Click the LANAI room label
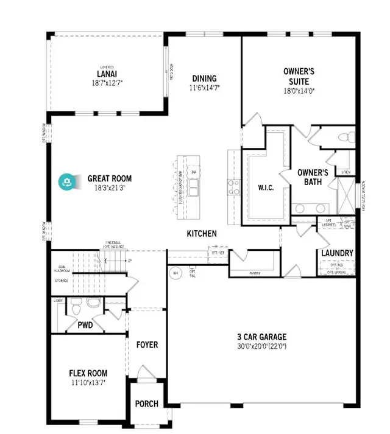point(107,74)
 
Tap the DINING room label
point(204,78)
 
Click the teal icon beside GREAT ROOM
point(66,181)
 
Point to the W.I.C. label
point(265,187)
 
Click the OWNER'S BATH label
point(313,177)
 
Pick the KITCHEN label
point(201,233)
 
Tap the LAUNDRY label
point(337,253)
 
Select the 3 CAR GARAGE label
point(261,337)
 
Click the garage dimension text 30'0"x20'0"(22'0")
point(261,346)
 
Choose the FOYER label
point(147,345)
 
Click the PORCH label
point(146,404)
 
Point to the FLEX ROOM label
point(88,373)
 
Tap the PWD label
point(85,326)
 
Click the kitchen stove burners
point(233,187)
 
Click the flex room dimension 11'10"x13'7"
point(88,382)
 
